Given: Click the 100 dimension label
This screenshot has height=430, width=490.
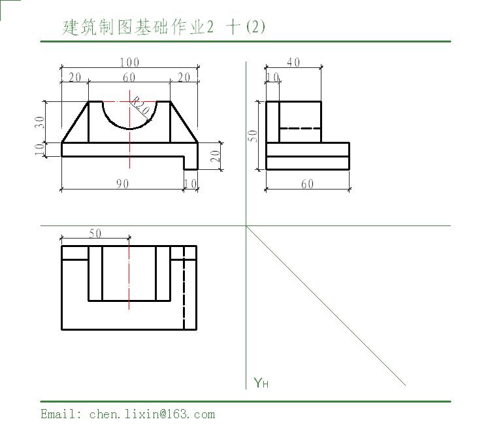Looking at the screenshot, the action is click(x=129, y=62).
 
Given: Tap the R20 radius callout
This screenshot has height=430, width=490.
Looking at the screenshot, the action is click(x=140, y=106).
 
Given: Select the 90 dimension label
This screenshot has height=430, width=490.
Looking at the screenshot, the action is click(x=123, y=184).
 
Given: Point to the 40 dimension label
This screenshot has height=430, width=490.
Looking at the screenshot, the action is click(x=293, y=62).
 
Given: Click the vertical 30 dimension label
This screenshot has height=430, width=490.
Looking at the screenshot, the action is click(x=40, y=122).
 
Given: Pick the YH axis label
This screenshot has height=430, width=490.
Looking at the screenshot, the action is click(x=261, y=382).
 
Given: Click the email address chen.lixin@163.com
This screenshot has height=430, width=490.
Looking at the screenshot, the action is click(x=152, y=414).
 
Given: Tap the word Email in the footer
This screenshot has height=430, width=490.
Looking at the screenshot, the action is click(x=58, y=414).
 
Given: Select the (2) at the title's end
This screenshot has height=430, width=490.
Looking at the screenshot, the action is click(x=255, y=27).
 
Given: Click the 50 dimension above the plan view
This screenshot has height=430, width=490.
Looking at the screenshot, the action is click(x=95, y=233).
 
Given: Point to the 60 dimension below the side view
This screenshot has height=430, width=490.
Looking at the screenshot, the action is click(x=308, y=184).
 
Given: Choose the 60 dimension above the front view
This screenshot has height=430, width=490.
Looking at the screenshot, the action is click(x=129, y=77).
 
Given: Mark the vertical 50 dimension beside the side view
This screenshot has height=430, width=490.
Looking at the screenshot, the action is click(x=252, y=136).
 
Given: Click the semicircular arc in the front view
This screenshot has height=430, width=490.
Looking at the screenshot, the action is click(x=130, y=129).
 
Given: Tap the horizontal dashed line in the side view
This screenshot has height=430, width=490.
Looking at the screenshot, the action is click(x=300, y=128).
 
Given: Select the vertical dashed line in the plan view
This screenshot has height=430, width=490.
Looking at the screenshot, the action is click(x=184, y=288).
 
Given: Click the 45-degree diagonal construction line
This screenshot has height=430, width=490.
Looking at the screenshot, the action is click(x=325, y=305).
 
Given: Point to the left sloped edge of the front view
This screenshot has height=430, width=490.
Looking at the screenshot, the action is click(x=75, y=122).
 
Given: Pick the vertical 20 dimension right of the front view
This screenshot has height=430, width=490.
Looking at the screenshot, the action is click(x=215, y=156).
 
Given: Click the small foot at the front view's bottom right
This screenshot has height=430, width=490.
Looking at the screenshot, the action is click(x=191, y=163).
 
